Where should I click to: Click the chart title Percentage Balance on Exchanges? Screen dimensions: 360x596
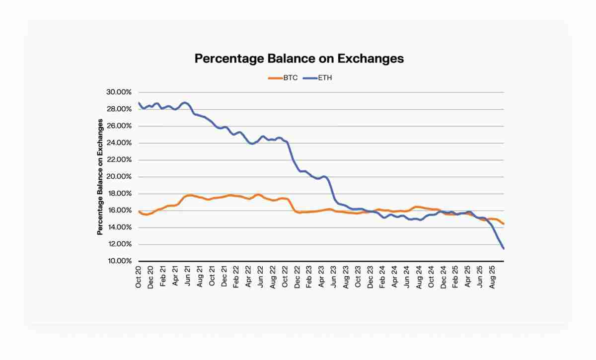point(299,58)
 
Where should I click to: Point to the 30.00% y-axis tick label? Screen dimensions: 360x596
point(118,92)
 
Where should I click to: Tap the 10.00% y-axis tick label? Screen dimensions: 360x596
point(118,261)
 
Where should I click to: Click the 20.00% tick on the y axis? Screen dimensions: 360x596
point(118,177)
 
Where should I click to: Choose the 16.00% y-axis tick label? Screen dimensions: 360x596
point(118,211)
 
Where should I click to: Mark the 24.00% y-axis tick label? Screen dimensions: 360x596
point(118,143)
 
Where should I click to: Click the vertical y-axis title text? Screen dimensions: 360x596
point(100,177)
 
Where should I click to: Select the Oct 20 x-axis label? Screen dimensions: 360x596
point(139,277)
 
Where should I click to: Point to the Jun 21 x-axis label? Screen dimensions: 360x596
point(188,277)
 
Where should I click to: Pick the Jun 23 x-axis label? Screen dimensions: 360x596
point(334,277)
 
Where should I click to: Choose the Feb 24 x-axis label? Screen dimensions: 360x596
point(382,277)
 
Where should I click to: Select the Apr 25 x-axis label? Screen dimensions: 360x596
point(468,277)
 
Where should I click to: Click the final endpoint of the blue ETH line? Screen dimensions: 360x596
point(504,249)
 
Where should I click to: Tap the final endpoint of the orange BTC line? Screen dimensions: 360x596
point(504,224)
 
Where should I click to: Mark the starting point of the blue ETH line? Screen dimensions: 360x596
point(139,103)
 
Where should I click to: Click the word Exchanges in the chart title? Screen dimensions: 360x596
point(371,58)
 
